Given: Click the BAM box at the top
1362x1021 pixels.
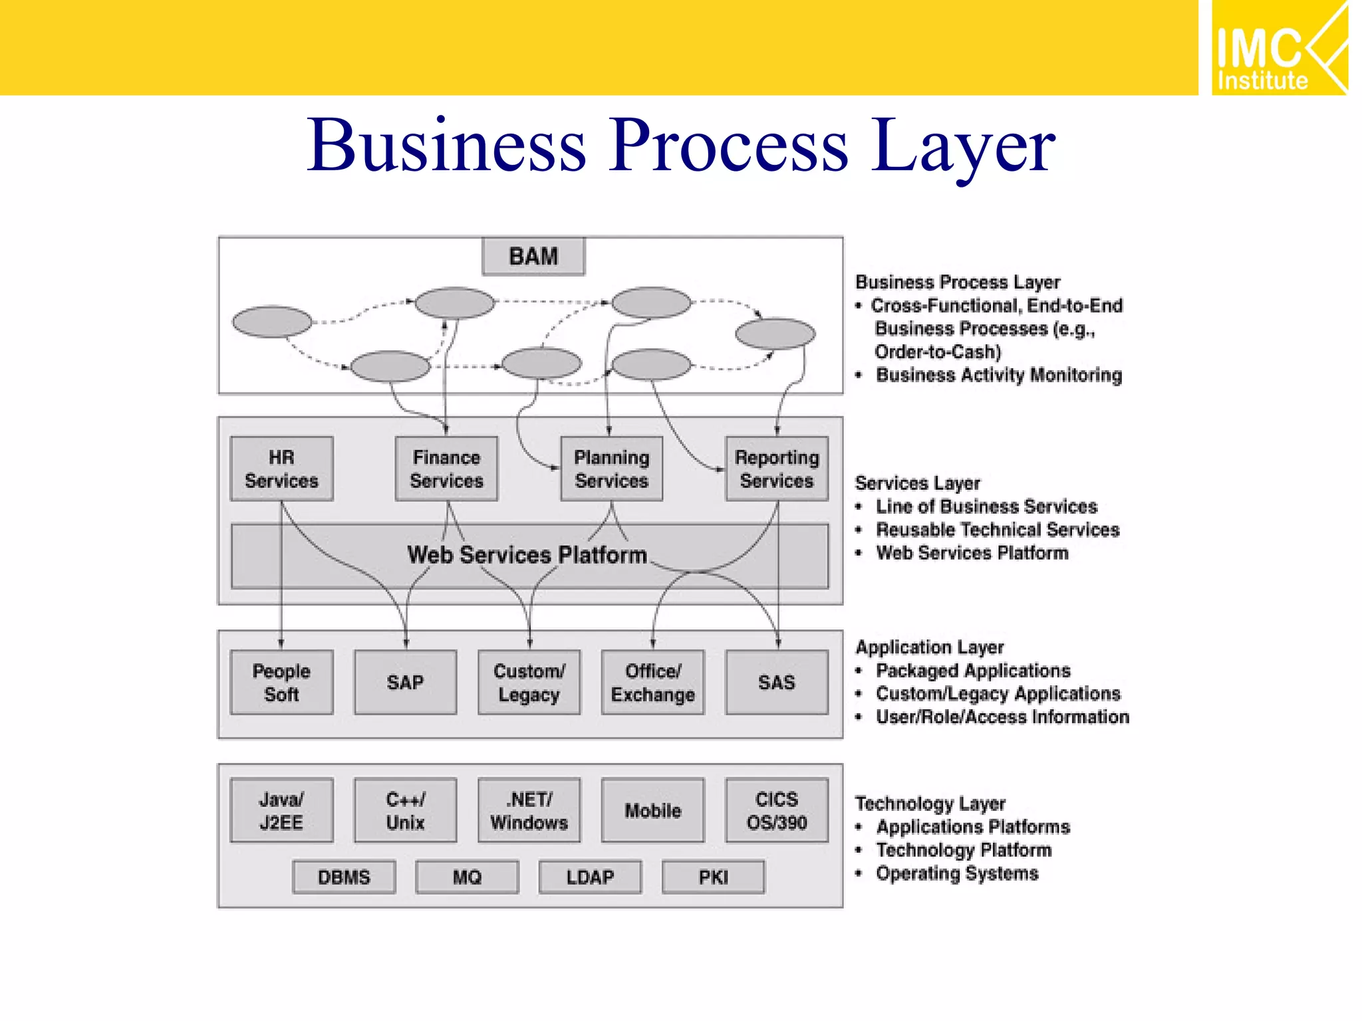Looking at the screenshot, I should coord(533,256).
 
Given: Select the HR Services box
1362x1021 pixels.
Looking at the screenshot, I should coord(281,469).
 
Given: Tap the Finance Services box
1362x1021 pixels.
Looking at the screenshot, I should coord(446,469).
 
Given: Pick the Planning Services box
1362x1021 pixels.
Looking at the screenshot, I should coord(611,469).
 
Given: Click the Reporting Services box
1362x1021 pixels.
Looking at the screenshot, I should coord(776,469).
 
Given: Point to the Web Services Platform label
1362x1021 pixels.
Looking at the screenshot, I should coord(527,555).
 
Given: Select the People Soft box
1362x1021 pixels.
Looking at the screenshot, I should coord(281,683).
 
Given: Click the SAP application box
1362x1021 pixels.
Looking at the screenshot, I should coord(405,683).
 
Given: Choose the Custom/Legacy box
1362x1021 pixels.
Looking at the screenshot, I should coord(529,683).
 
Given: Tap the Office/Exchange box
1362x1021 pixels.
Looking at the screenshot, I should coord(652,683).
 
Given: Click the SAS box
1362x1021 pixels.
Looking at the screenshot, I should coord(776,683).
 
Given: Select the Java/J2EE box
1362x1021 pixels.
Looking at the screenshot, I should coord(281,810).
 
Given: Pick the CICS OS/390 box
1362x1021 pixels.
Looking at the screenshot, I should coord(776,810).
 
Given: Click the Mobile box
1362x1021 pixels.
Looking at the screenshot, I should coord(652,810).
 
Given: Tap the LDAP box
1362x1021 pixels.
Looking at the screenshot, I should coord(590,877).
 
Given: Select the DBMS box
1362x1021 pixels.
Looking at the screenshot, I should coord(344,877).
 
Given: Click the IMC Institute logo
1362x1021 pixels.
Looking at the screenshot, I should coord(1279,49).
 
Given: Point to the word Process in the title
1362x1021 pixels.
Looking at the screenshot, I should coord(730,146).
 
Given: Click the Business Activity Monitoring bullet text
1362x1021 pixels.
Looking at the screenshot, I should coord(998,375).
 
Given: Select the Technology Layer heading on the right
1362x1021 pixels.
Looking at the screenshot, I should coord(930,804).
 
